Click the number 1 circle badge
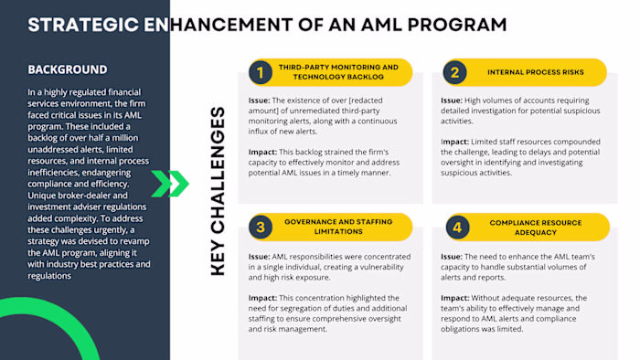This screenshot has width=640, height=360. point(260,72)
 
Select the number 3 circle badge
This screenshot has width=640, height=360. point(260,227)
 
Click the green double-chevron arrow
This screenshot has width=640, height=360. point(170,184)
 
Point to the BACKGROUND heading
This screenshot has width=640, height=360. point(67,69)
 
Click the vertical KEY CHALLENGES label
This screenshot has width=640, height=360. point(218,190)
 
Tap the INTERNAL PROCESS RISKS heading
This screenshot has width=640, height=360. point(535,72)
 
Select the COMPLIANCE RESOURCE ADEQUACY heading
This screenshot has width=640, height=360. point(535,227)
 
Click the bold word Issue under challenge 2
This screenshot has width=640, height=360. point(452,101)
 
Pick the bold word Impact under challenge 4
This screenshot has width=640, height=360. point(455,298)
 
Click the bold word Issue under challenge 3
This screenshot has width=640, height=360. point(259,257)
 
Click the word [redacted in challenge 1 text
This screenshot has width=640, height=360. point(366,101)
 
